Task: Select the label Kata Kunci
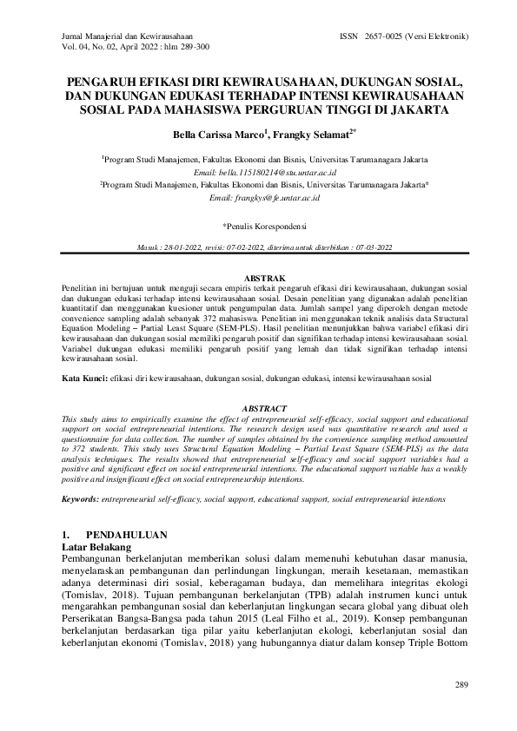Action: (76, 379)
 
